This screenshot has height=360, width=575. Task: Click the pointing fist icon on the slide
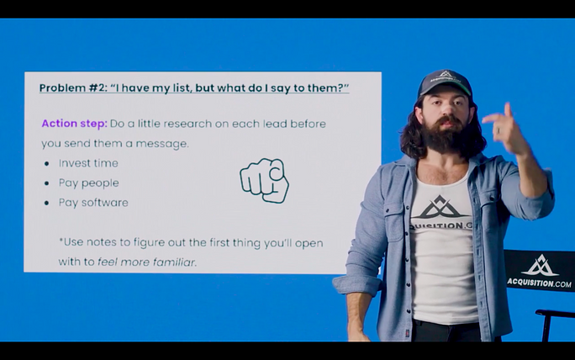(x=264, y=180)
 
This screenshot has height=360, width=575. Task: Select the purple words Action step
(x=75, y=124)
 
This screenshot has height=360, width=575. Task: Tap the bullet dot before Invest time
(x=46, y=163)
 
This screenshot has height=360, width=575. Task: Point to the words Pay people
(x=89, y=183)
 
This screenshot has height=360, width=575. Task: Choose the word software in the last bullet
(x=105, y=203)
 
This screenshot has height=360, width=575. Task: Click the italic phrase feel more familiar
(x=146, y=262)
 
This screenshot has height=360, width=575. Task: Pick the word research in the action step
(x=187, y=124)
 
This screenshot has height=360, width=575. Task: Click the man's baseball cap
(x=445, y=82)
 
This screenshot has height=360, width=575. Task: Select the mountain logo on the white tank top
(x=440, y=207)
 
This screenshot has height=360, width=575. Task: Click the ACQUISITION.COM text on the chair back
(x=539, y=283)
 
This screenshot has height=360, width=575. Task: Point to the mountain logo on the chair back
(x=540, y=265)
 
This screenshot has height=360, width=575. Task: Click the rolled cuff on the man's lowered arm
(x=356, y=285)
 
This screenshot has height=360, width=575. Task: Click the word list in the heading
(x=182, y=88)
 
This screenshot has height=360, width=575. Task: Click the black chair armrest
(x=555, y=313)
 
